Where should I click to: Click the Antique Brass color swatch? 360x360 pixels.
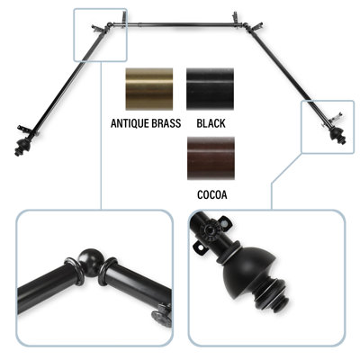[x=149, y=89]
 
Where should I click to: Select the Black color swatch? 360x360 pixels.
[x=210, y=89]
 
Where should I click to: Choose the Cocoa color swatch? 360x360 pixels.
[x=211, y=158]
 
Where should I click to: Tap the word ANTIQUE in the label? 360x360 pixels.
[x=130, y=123]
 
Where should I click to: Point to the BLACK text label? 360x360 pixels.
[x=211, y=123]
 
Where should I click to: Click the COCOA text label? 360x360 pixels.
[x=212, y=194]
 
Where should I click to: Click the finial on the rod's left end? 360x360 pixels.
[x=21, y=147]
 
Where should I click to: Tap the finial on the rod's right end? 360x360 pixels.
[x=337, y=136]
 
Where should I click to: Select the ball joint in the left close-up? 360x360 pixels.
[x=89, y=260]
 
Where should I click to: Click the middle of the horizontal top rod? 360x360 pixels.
[x=179, y=23]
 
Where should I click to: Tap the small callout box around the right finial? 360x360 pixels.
[x=328, y=127]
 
